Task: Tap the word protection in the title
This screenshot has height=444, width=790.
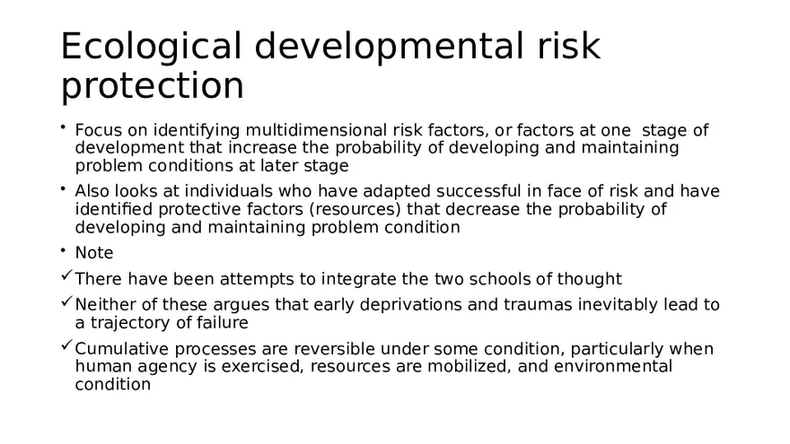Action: [153, 87]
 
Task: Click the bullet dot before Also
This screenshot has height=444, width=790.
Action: [65, 187]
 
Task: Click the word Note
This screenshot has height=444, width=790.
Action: [94, 253]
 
